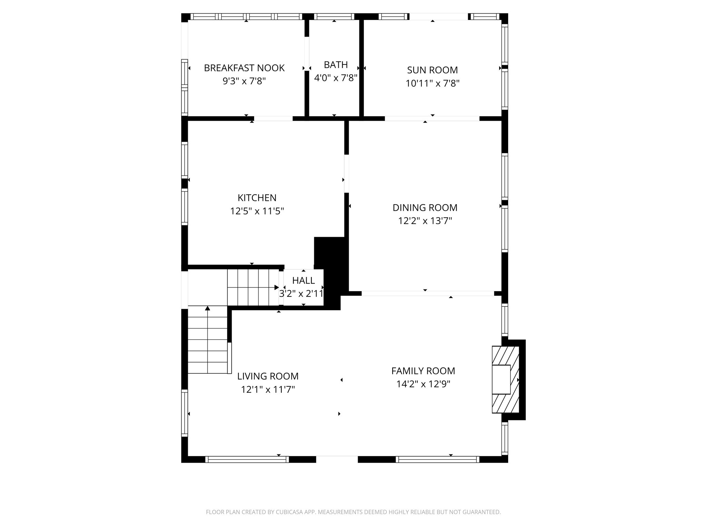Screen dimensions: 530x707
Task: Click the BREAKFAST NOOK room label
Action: click(x=244, y=68)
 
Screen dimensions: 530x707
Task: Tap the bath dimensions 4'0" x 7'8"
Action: click(x=336, y=78)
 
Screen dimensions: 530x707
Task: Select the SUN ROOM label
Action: click(x=432, y=70)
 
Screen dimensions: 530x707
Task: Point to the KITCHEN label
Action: click(x=257, y=198)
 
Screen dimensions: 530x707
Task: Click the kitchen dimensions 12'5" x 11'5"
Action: click(x=257, y=211)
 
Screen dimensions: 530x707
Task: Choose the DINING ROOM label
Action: click(x=425, y=208)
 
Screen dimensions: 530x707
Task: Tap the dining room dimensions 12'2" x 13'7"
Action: click(x=425, y=221)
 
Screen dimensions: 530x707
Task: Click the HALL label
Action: click(x=303, y=280)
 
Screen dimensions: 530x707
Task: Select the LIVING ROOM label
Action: click(x=268, y=376)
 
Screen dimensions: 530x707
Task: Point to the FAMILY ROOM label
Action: click(x=423, y=371)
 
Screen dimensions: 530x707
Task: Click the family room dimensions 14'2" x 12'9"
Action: click(x=423, y=384)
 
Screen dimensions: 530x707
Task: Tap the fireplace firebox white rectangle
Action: click(x=501, y=380)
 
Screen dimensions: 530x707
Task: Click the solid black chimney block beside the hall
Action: click(x=331, y=269)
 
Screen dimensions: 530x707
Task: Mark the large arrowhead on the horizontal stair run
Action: click(x=277, y=287)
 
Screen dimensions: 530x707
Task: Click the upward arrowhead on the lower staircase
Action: click(x=207, y=308)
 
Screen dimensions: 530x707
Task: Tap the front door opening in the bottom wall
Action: click(x=337, y=459)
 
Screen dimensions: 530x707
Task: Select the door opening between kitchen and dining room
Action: click(x=346, y=174)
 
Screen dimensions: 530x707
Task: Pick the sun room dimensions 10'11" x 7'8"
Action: click(x=432, y=84)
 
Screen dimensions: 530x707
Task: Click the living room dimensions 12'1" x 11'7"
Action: click(x=268, y=390)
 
